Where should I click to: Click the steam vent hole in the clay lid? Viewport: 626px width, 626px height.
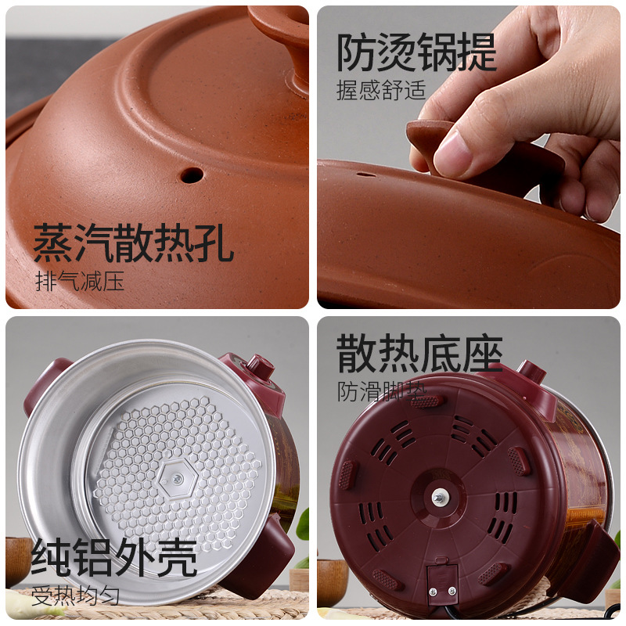[x=191, y=174]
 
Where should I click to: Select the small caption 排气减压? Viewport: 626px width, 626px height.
[x=80, y=281]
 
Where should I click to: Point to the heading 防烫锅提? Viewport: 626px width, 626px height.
[x=416, y=52]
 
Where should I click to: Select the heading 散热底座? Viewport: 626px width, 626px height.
[x=419, y=354]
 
